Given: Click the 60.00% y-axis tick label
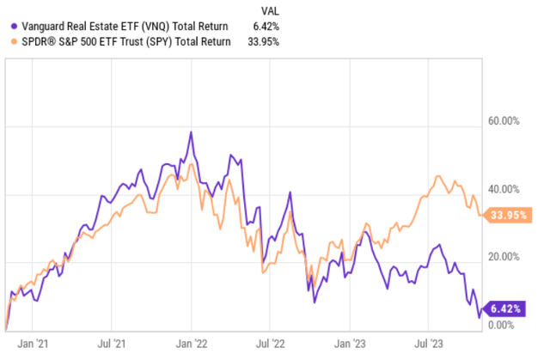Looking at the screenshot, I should tap(506, 121).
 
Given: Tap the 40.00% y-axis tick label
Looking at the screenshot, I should tap(506, 189).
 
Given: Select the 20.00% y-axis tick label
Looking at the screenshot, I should tap(506, 257).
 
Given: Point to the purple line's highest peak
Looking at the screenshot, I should tap(191, 132).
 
